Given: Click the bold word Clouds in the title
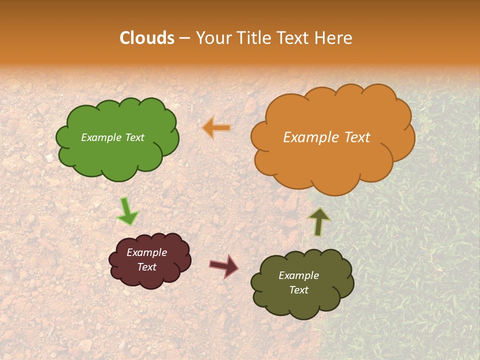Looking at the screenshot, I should click(147, 38).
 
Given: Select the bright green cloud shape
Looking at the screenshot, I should click(117, 155).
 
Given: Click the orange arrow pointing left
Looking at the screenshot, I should click(216, 128).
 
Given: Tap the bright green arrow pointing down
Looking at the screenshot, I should click(127, 211).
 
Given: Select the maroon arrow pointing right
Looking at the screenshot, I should click(223, 265).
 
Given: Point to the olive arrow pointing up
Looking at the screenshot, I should click(319, 221).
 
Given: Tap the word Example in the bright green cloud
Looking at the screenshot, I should click(101, 137).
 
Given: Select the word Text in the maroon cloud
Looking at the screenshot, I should click(147, 267).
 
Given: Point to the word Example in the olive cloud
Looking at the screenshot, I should click(298, 275).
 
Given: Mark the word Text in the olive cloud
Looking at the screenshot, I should click(298, 290).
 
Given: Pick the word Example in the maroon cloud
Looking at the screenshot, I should click(147, 252).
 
